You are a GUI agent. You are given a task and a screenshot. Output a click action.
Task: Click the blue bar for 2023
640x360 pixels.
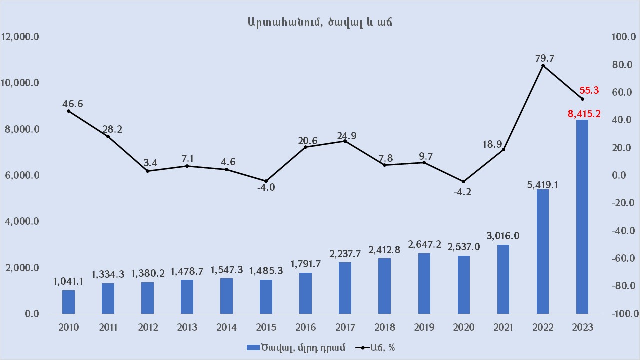[x=582, y=217]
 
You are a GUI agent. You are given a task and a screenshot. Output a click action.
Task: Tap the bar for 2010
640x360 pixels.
[x=68, y=302]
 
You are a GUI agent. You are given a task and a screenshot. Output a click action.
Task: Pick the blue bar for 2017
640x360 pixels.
[x=345, y=288]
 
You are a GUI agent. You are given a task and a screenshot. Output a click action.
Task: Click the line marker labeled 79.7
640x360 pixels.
[x=543, y=66]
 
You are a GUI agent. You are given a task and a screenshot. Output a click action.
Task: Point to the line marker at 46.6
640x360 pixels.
[x=68, y=111]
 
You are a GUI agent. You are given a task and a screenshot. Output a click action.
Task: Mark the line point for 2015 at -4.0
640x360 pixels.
[x=266, y=181]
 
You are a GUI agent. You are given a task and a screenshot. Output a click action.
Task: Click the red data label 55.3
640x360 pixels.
[x=589, y=91]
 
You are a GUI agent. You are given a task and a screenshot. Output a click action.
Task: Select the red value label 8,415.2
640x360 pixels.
[x=584, y=114]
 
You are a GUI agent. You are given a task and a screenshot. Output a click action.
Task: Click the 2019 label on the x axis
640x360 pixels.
[x=424, y=328]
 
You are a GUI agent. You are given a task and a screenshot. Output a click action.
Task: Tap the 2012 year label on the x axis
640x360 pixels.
[x=147, y=328]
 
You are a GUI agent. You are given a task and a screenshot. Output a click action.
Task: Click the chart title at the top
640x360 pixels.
[x=319, y=22]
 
